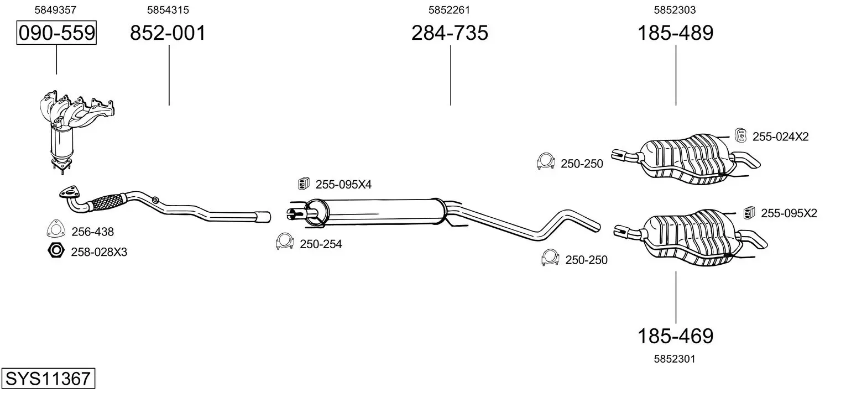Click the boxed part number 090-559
pyautogui.click(x=56, y=33)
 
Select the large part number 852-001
pyautogui.click(x=168, y=33)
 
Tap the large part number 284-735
pyautogui.click(x=450, y=33)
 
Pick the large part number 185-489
pyautogui.click(x=676, y=33)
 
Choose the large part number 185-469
pyautogui.click(x=676, y=336)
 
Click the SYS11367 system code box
pyautogui.click(x=48, y=378)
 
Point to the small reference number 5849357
pyautogui.click(x=55, y=10)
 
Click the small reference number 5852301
pyautogui.click(x=675, y=359)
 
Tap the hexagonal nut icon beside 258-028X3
pyautogui.click(x=56, y=250)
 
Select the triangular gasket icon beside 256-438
pyautogui.click(x=55, y=228)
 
